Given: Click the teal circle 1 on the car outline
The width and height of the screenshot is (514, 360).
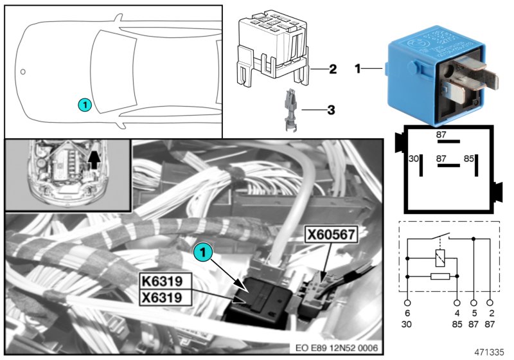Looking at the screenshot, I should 85,104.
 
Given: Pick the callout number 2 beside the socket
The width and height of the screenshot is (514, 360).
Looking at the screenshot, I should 332,69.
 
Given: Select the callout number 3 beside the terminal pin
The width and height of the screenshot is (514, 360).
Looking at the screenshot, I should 332,110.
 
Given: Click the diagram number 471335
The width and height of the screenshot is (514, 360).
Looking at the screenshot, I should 490,351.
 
